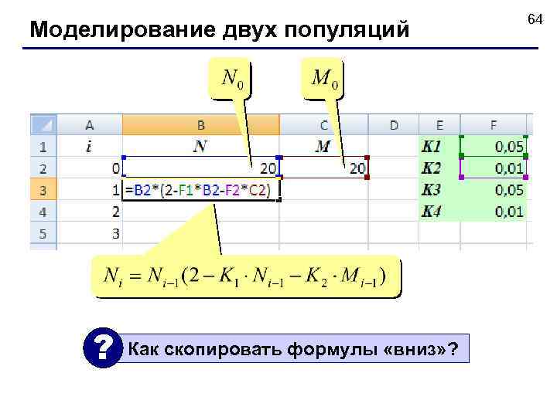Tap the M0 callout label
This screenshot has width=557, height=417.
(x=325, y=78)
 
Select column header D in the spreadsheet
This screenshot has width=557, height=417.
(x=394, y=124)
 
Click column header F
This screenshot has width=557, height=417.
(x=493, y=124)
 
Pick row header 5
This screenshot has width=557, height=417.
(x=43, y=232)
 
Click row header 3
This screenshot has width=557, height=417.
(x=43, y=190)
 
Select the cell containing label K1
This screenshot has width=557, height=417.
(x=439, y=146)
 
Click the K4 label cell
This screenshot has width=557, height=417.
(x=439, y=211)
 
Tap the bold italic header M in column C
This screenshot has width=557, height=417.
(x=323, y=146)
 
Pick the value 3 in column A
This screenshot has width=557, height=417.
(x=114, y=232)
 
